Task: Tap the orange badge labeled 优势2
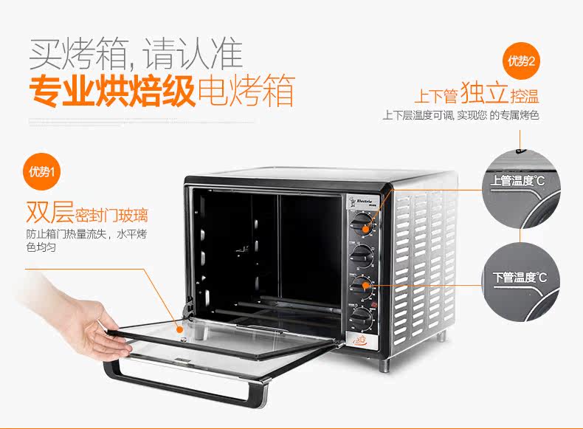(x=522, y=60)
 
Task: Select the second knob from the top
(x=362, y=255)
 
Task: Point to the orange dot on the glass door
(x=179, y=325)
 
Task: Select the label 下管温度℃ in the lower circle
(x=520, y=278)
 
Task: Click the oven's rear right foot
(x=443, y=337)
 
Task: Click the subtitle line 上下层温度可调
(x=417, y=116)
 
